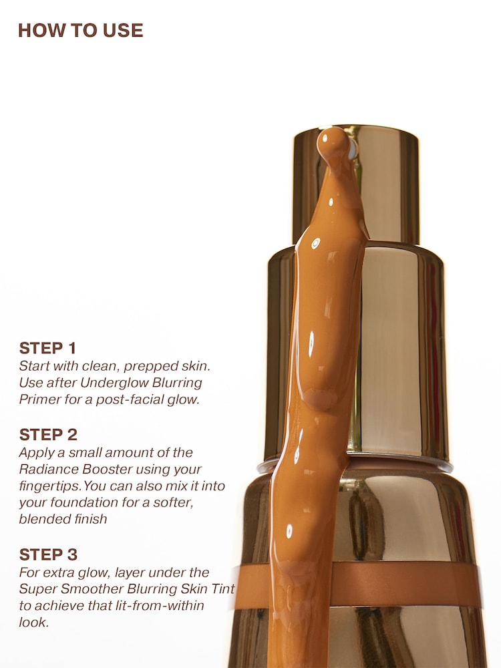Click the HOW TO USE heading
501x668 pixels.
[x=80, y=30]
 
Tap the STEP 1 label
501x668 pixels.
[x=47, y=348]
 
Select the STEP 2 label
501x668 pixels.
[x=48, y=435]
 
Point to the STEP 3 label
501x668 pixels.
[x=48, y=554]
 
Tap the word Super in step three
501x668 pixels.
[x=36, y=589]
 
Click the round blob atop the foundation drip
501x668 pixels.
[x=332, y=143]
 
